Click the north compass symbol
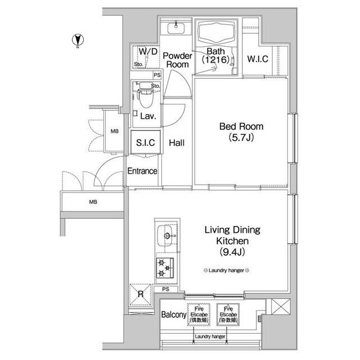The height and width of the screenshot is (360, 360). (77, 41)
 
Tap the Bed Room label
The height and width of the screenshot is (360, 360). (241, 132)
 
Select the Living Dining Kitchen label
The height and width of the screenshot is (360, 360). (227, 240)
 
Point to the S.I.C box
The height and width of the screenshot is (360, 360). (146, 143)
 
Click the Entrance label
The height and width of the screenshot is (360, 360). (142, 171)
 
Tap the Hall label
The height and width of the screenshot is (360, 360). (177, 143)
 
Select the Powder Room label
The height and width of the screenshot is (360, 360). (177, 60)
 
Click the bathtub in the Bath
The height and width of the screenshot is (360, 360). (217, 37)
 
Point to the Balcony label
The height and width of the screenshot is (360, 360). (173, 315)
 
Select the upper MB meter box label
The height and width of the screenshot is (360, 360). (115, 132)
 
